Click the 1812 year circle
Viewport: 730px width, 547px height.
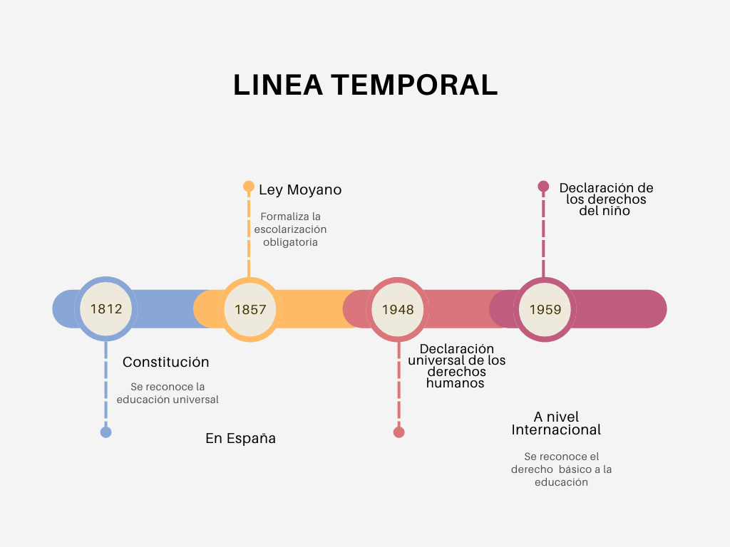(106, 309)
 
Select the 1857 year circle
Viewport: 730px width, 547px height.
(250, 309)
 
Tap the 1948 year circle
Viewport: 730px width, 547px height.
(398, 309)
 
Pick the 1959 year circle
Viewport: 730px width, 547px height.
(545, 309)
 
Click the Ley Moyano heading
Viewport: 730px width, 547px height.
(300, 190)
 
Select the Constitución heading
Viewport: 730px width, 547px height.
(166, 362)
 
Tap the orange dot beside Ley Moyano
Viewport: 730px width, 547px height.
(249, 187)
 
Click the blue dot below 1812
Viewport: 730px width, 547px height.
(106, 432)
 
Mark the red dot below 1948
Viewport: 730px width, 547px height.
(399, 432)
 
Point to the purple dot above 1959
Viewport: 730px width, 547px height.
(543, 187)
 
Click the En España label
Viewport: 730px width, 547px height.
(240, 439)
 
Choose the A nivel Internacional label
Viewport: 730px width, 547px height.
(556, 423)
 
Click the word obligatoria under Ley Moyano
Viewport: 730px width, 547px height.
(290, 242)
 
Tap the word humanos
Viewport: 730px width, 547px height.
(455, 383)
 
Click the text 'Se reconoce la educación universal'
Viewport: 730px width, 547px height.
(168, 393)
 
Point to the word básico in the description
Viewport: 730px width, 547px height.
(575, 469)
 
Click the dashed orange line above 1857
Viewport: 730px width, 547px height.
(249, 235)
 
